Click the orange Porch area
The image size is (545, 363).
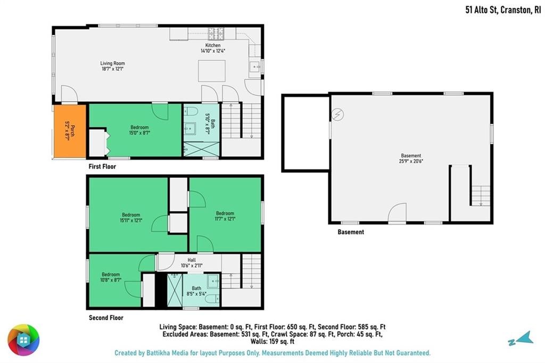pyautogui.click(x=70, y=131)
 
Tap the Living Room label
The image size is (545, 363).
pyautogui.click(x=113, y=63)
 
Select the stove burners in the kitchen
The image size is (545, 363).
pyautogui.click(x=216, y=34)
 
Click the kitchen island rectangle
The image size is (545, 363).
pyautogui.click(x=212, y=71)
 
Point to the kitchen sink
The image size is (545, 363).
pyautogui.click(x=255, y=65)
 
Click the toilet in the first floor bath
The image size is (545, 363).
pyautogui.click(x=191, y=111)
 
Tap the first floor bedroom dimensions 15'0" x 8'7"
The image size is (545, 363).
pyautogui.click(x=139, y=133)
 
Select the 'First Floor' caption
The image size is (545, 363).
pyautogui.click(x=102, y=167)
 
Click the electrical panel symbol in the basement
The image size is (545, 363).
pyautogui.click(x=337, y=114)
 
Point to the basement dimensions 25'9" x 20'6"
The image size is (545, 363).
pyautogui.click(x=411, y=161)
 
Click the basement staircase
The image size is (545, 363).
pyautogui.click(x=481, y=195)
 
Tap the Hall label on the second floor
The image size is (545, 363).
pyautogui.click(x=192, y=260)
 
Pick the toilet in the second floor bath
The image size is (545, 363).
pyautogui.click(x=213, y=299)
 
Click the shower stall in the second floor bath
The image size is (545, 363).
pyautogui.click(x=175, y=290)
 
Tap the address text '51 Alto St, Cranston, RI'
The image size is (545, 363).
pyautogui.click(x=503, y=10)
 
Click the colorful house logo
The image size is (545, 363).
pyautogui.click(x=23, y=340)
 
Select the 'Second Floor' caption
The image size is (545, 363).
pyautogui.click(x=106, y=318)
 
